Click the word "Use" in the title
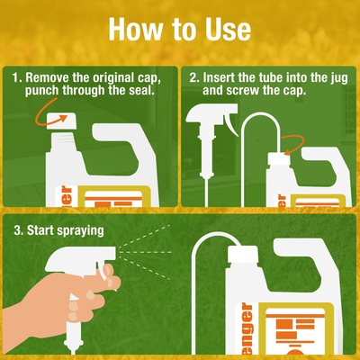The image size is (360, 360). (x=228, y=30)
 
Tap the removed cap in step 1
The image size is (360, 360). (x=62, y=121)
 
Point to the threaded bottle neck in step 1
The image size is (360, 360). (x=62, y=141)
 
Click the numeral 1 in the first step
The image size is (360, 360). (x=15, y=78)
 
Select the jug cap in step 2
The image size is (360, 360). (x=279, y=159)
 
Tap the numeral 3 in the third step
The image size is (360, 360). (x=17, y=231)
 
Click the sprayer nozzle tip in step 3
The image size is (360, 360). (x=113, y=253)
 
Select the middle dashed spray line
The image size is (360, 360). (x=146, y=253)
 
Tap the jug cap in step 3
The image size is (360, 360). (x=243, y=255)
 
